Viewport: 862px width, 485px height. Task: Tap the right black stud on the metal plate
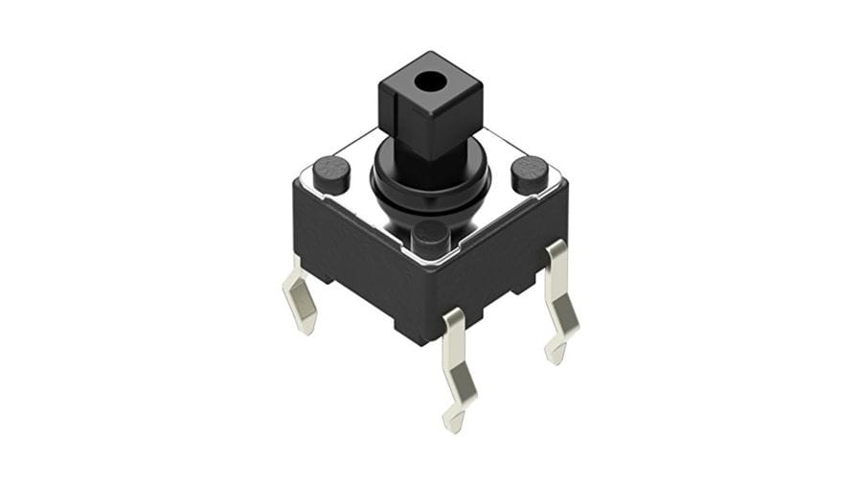pyautogui.click(x=529, y=173)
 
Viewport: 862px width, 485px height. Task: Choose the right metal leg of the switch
pyautogui.click(x=560, y=297)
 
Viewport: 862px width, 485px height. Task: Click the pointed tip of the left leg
pyautogui.click(x=308, y=328)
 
